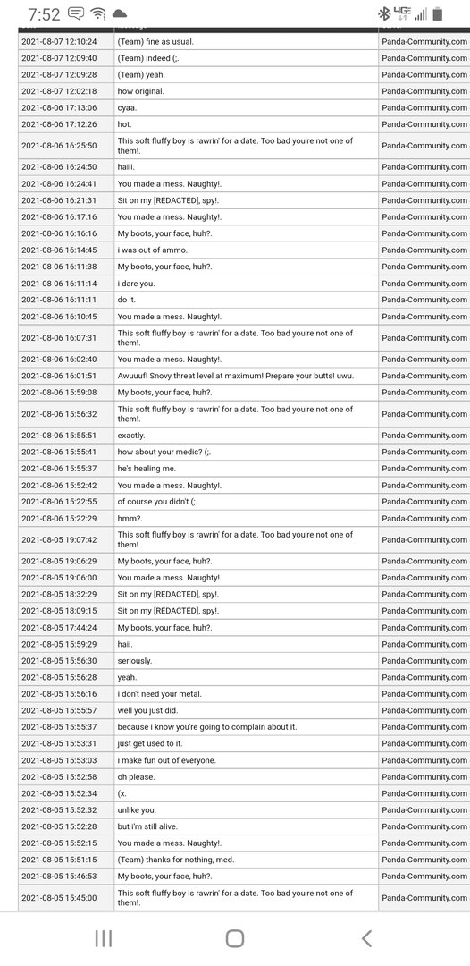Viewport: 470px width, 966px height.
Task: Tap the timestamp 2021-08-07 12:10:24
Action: click(x=59, y=41)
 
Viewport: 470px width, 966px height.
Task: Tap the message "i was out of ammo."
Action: click(x=157, y=250)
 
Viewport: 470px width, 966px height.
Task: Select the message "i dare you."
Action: click(x=137, y=283)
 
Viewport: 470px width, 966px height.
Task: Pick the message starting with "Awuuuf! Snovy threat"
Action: click(x=236, y=376)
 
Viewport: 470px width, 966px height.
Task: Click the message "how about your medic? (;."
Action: click(x=164, y=453)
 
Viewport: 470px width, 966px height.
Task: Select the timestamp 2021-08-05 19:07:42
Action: click(x=59, y=539)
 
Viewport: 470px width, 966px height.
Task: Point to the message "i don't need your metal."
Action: click(x=159, y=694)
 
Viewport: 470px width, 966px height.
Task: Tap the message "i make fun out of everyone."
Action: click(x=167, y=760)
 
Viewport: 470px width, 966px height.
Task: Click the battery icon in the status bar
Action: click(x=438, y=13)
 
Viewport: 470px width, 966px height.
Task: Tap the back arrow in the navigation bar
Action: click(x=366, y=937)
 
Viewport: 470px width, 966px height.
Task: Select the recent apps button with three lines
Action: click(x=104, y=937)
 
